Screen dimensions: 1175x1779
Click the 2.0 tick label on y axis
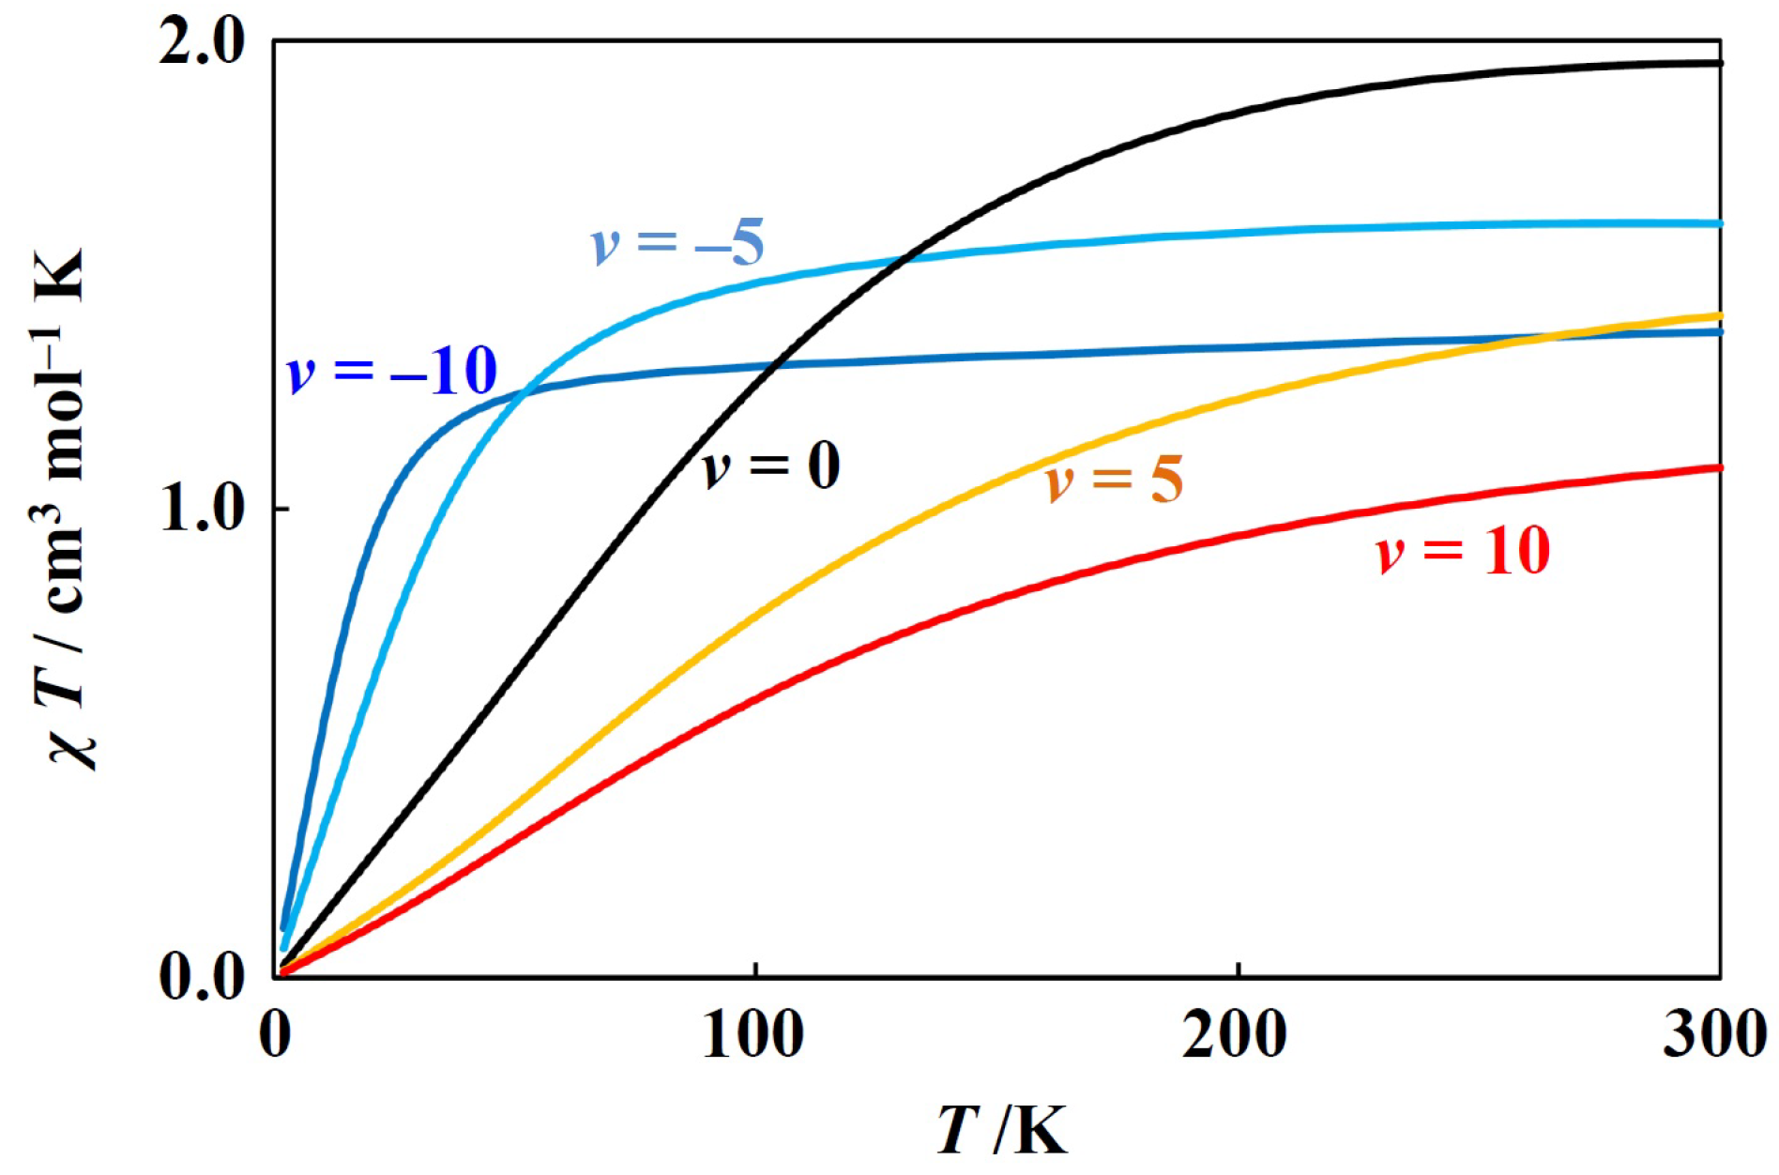201,43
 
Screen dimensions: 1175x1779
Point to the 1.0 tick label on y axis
201,509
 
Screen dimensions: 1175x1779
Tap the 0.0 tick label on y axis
201,978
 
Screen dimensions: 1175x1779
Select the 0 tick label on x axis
274,1034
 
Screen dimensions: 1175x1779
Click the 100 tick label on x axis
753,1034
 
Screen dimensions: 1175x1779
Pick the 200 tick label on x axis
1234,1034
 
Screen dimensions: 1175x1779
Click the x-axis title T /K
1002,1129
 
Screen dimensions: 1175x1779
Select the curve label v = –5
677,242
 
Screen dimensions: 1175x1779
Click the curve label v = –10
391,371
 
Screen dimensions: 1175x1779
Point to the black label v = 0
771,465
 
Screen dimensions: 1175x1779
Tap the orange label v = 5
1115,480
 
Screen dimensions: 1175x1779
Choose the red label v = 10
1463,551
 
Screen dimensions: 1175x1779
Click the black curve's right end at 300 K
1719,63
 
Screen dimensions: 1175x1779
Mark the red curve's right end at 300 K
1719,467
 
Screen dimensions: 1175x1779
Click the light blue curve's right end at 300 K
1719,223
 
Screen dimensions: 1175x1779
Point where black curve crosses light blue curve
901,258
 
